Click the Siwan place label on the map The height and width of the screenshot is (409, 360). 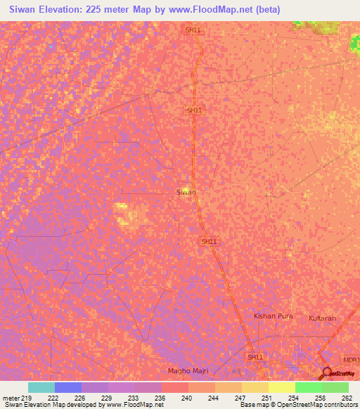[x=186, y=191]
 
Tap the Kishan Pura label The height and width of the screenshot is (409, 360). [x=273, y=317]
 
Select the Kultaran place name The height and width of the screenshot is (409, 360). [x=323, y=318]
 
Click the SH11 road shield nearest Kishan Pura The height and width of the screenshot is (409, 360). [x=255, y=357]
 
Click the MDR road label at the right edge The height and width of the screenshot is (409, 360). [x=350, y=358]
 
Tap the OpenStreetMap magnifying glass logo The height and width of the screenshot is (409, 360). [x=327, y=373]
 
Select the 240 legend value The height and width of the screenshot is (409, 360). [x=187, y=398]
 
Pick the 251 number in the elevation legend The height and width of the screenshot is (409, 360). [x=266, y=398]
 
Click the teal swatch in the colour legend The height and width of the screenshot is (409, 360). [x=41, y=387]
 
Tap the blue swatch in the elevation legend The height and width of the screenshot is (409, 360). [x=68, y=387]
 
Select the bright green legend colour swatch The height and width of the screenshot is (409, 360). [x=308, y=387]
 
